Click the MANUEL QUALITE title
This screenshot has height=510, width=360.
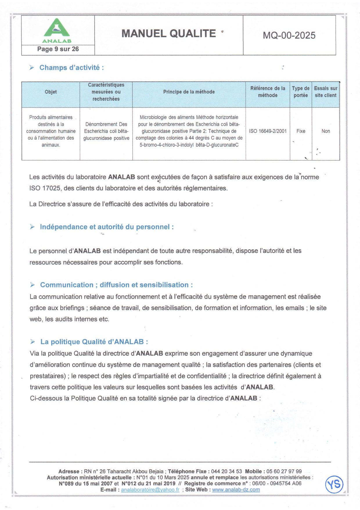168,34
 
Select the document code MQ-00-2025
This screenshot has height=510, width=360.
289,35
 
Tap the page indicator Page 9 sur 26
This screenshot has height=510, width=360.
58,49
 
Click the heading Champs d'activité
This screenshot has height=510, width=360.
71,68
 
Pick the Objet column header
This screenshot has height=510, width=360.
51,92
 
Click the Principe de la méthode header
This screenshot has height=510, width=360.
189,92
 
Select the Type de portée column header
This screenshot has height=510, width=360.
300,92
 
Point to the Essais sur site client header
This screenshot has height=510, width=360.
325,92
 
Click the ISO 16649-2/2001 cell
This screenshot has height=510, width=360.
267,131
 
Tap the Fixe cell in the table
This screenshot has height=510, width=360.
301,131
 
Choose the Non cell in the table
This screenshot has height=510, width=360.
326,131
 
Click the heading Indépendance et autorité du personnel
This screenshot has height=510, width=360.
107,227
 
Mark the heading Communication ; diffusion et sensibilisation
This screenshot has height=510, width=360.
116,285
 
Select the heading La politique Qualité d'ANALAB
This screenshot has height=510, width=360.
94,342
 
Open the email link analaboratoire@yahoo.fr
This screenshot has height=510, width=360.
150,490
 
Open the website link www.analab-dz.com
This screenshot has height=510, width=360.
236,490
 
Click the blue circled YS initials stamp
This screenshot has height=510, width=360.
334,484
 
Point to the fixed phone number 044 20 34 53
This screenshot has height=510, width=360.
226,471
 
